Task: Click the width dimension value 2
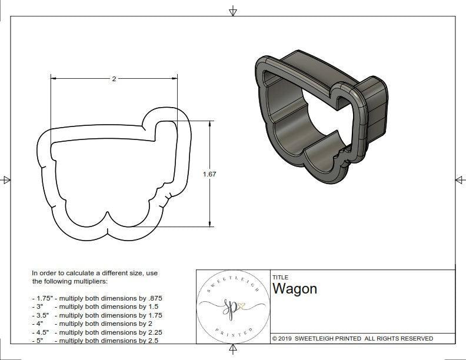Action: tap(114, 79)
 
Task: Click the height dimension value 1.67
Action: tap(209, 174)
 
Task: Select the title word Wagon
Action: tap(294, 289)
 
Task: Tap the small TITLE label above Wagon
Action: tap(279, 277)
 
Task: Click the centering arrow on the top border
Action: tap(234, 11)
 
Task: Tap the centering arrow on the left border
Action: tap(6, 180)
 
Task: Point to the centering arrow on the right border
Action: tap(459, 180)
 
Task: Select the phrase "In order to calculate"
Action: tap(62, 273)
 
